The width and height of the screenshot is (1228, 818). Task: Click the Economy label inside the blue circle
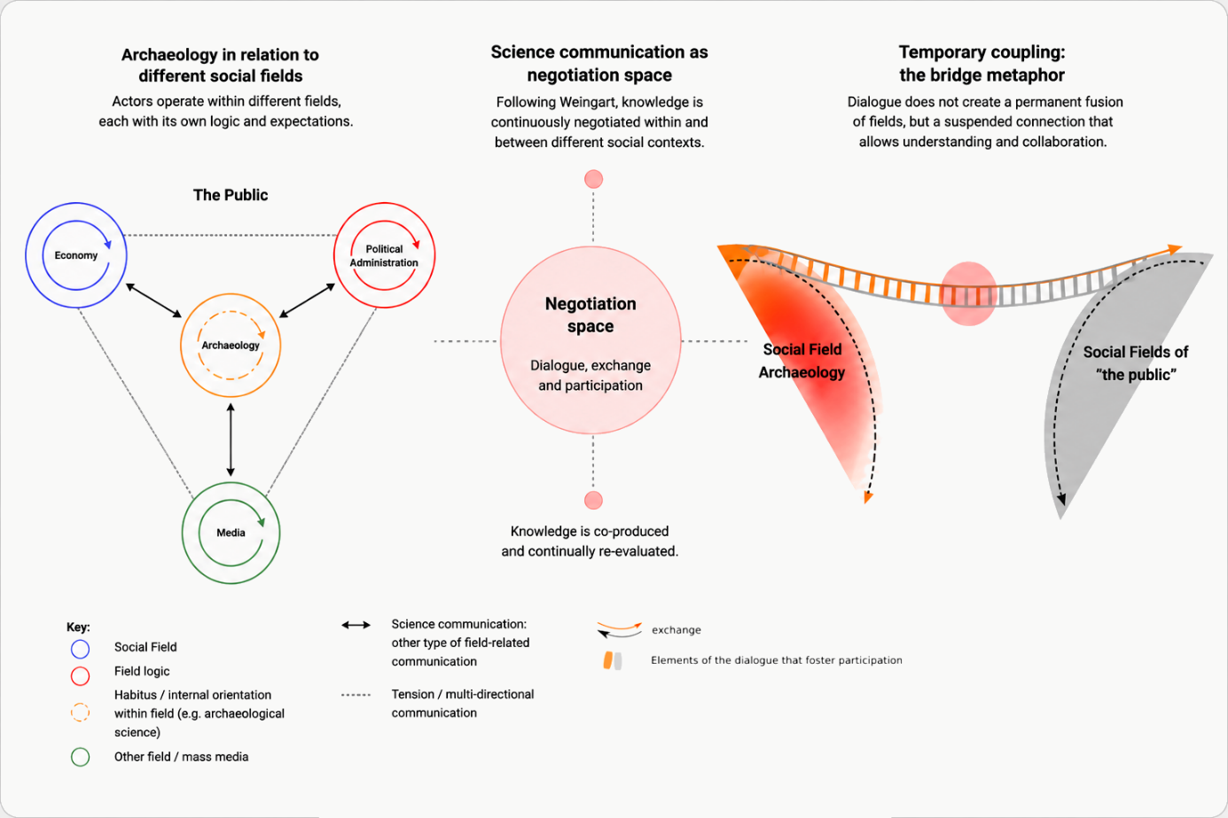click(75, 255)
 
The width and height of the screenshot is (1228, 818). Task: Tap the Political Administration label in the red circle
click(384, 256)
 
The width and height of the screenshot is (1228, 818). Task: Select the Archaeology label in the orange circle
click(231, 345)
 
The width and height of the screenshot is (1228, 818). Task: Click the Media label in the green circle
click(231, 533)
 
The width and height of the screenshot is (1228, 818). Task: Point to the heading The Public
click(231, 195)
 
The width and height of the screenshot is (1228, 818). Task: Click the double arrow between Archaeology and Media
click(231, 440)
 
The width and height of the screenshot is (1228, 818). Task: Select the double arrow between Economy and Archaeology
click(153, 300)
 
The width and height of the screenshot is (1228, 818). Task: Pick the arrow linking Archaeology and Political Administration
click(307, 300)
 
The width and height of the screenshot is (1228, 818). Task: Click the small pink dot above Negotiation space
click(593, 179)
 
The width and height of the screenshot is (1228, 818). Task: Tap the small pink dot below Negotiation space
click(593, 500)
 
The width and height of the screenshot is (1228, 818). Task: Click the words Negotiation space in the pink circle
click(591, 315)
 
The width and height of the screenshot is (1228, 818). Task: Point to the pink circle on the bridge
click(969, 293)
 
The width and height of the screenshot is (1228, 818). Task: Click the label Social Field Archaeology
click(802, 361)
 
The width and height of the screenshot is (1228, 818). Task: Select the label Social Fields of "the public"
click(1136, 363)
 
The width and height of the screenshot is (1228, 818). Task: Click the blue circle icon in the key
click(80, 649)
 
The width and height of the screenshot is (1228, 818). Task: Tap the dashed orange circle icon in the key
click(80, 713)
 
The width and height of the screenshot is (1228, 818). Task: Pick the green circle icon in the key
click(80, 757)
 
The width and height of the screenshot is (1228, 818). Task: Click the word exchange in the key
click(676, 630)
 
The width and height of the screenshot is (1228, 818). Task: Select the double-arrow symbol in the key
click(356, 625)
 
